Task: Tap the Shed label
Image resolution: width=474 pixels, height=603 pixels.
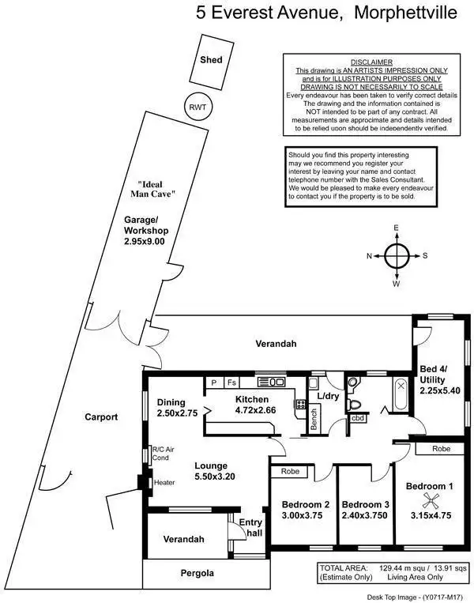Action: (x=211, y=60)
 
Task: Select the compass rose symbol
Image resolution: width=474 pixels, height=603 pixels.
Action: (x=397, y=255)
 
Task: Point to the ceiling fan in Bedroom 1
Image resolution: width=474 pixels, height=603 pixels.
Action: (x=431, y=499)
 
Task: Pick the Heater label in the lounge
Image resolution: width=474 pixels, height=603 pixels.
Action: (x=164, y=482)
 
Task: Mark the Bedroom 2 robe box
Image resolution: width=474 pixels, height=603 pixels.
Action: (x=283, y=472)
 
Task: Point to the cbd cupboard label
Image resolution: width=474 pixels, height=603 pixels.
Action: (x=358, y=418)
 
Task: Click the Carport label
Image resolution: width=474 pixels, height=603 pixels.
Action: (x=103, y=416)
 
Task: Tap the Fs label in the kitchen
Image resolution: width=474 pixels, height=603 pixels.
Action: (x=231, y=383)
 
